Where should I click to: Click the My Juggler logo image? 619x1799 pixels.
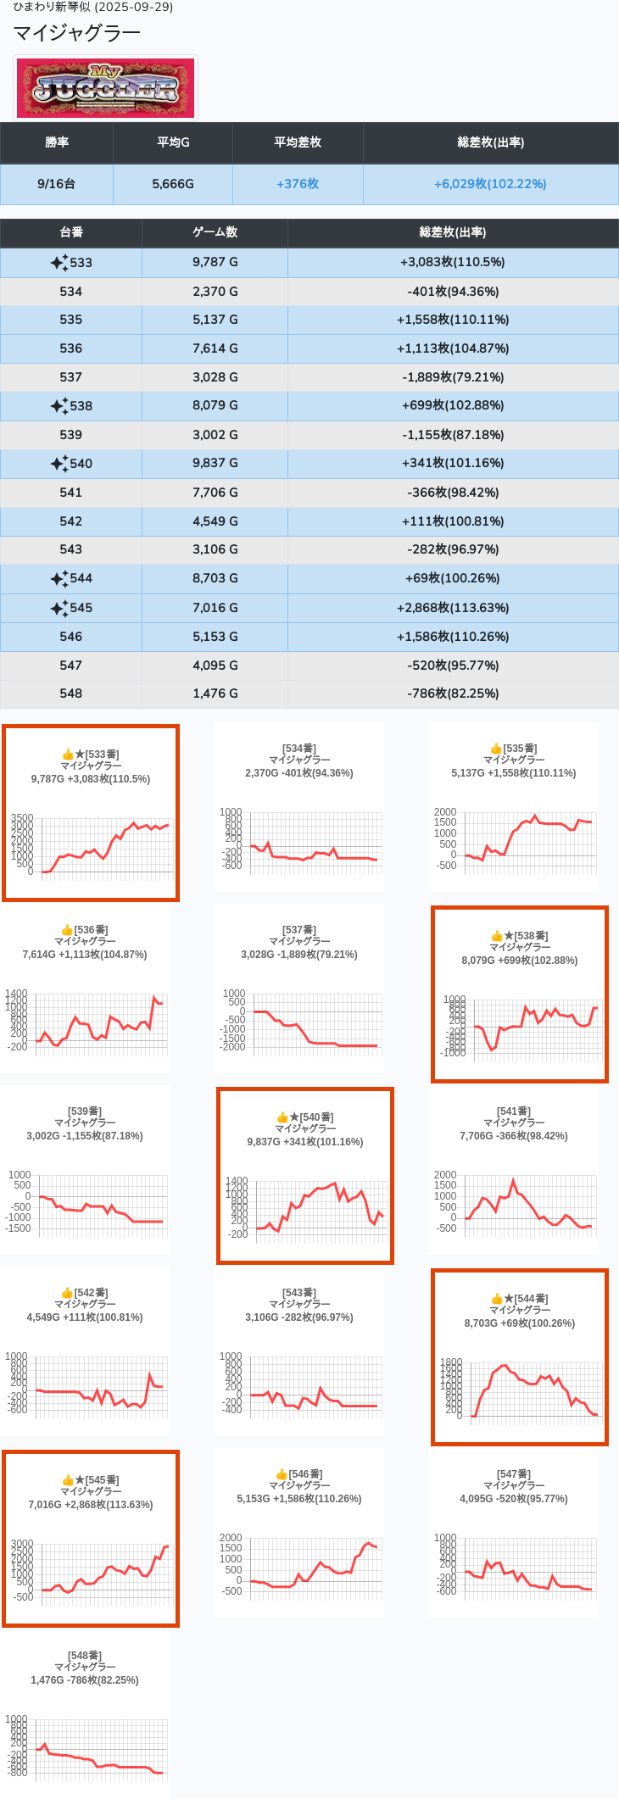tap(106, 88)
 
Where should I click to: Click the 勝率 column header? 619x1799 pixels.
tap(57, 142)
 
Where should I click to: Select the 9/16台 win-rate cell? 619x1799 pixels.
tap(57, 184)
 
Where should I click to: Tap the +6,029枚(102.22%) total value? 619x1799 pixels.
tap(490, 184)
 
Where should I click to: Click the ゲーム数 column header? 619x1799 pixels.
tap(215, 232)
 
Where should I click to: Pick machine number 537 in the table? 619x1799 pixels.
tap(71, 377)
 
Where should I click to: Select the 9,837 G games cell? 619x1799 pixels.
tap(215, 463)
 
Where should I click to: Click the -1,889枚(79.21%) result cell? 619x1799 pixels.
tap(453, 377)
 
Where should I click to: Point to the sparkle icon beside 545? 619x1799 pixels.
tap(59, 609)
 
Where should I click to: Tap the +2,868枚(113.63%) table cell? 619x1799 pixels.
tap(453, 608)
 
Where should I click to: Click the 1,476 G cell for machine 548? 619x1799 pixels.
tap(215, 693)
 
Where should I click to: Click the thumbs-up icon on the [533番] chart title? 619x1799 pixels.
tap(68, 755)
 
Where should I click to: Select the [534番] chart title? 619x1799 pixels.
tap(299, 749)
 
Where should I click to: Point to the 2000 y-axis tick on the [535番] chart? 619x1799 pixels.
tap(445, 812)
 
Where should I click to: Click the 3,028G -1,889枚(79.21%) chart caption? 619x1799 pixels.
tap(299, 955)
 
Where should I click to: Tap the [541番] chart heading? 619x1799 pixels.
tap(514, 1111)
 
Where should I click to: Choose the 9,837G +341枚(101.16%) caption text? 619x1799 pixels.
tap(305, 1142)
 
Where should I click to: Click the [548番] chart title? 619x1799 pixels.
tap(85, 1656)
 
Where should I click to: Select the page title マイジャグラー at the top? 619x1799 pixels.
tap(77, 33)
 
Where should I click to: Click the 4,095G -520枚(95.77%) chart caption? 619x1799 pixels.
tap(514, 1499)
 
